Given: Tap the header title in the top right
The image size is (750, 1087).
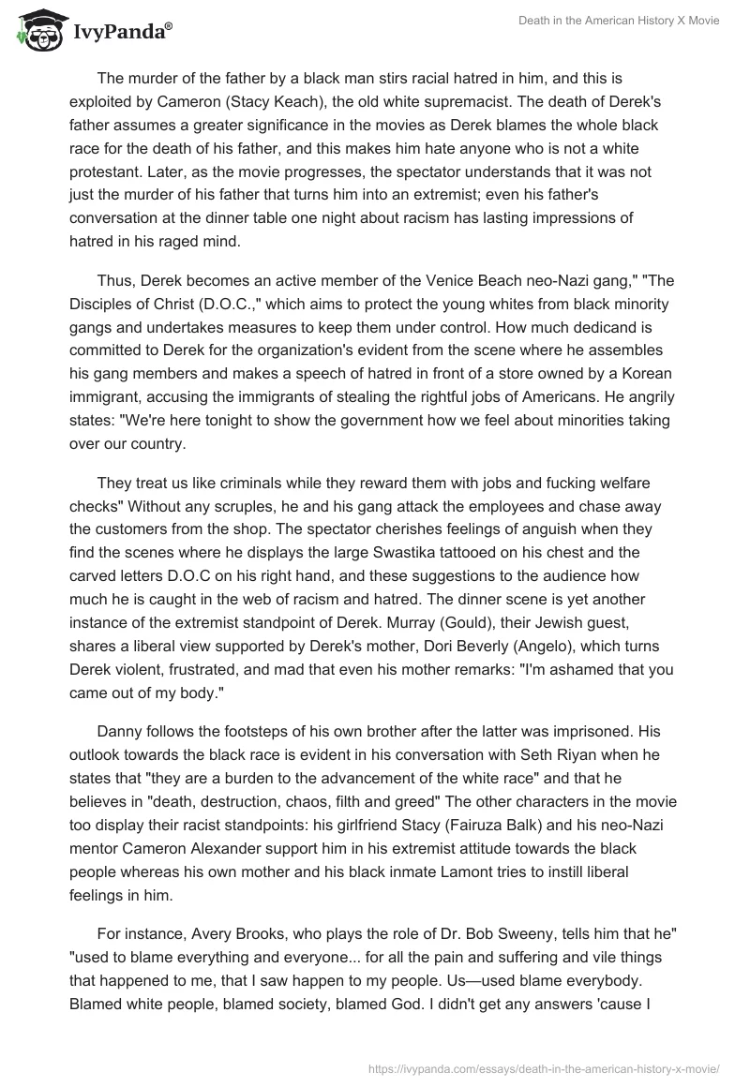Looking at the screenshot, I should (x=619, y=21).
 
